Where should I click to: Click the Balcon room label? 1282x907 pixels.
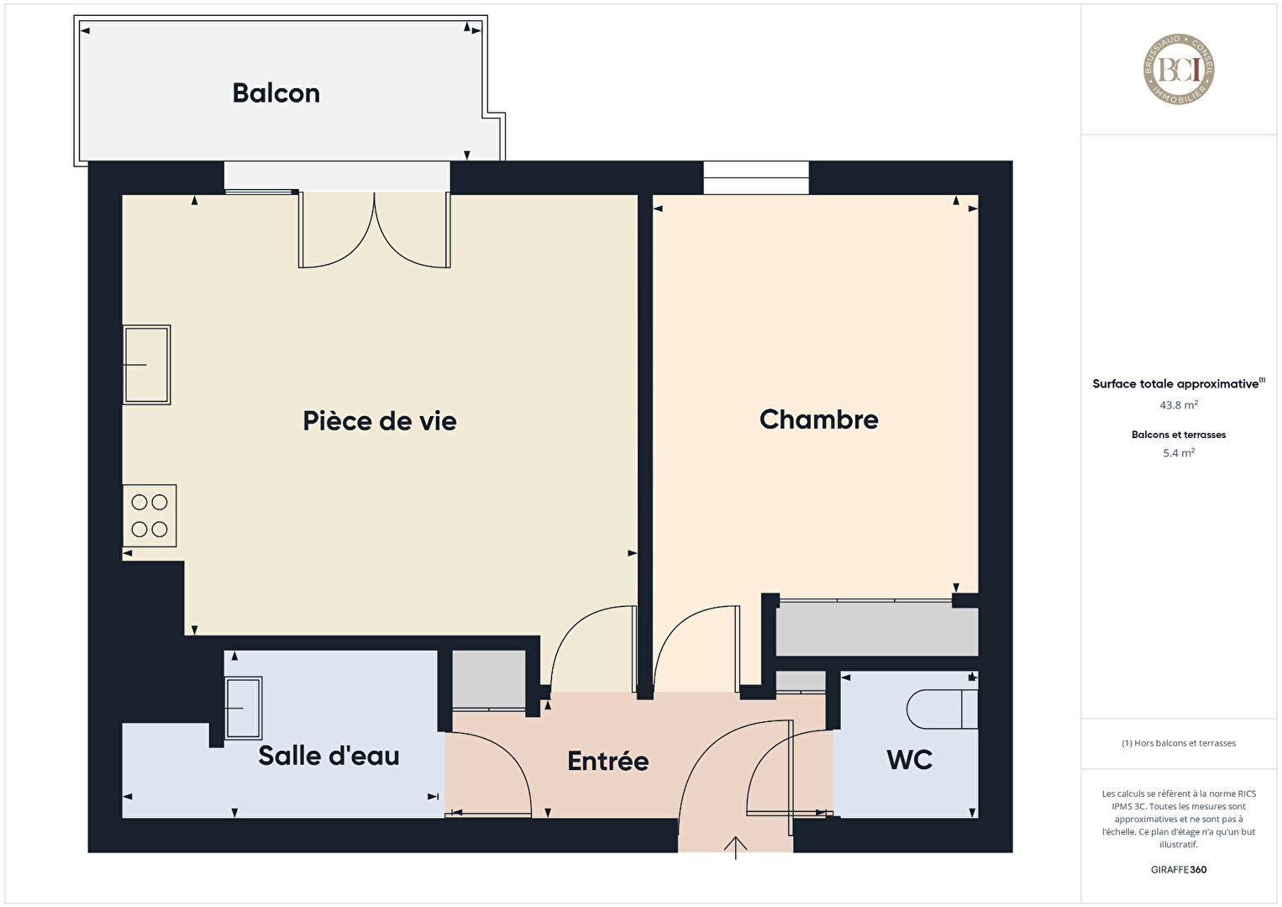click(276, 93)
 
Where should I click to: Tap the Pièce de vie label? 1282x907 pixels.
click(380, 421)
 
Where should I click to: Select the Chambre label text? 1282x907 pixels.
click(818, 419)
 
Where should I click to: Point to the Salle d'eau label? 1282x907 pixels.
click(328, 756)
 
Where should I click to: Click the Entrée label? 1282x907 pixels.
click(607, 761)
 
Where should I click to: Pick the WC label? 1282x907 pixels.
click(910, 760)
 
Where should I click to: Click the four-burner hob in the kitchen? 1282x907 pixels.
click(150, 516)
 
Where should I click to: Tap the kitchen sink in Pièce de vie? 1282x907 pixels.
click(146, 365)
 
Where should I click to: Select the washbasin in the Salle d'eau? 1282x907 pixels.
click(244, 709)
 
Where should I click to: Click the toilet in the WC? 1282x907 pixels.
click(942, 709)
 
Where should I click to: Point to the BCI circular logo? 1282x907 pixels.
click(1179, 69)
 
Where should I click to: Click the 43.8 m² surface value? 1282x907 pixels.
click(1179, 405)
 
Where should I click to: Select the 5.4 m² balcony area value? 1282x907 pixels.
click(1179, 453)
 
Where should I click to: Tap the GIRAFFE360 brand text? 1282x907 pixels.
click(1179, 869)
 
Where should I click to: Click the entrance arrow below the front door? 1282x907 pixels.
click(735, 847)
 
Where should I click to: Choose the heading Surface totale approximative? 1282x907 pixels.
click(1175, 383)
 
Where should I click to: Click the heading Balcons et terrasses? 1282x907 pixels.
click(1179, 435)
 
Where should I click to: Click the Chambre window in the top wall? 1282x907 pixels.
click(756, 178)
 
